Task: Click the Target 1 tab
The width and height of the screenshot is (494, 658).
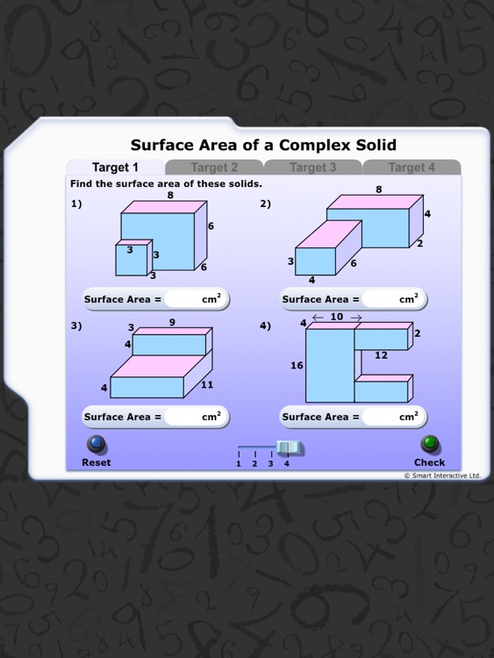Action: [x=115, y=168]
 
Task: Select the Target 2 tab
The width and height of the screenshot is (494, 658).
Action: [x=214, y=168]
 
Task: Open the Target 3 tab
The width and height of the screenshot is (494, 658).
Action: [x=313, y=168]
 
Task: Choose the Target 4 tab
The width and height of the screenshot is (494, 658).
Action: [x=412, y=168]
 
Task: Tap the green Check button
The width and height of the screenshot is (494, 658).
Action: [x=429, y=444]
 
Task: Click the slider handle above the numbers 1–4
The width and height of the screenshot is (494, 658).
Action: [x=289, y=447]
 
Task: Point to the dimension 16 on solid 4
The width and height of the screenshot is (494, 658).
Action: [x=297, y=366]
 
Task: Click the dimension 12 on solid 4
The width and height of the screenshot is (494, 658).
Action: [x=381, y=355]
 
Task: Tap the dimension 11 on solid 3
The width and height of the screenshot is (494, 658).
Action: [x=207, y=385]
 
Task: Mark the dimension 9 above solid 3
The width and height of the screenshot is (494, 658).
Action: [x=172, y=323]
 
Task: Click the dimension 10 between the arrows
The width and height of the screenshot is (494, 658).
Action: [x=337, y=318]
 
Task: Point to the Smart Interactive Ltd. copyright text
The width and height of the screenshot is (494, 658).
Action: [x=442, y=476]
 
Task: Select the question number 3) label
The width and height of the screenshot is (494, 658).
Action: [x=75, y=325]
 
